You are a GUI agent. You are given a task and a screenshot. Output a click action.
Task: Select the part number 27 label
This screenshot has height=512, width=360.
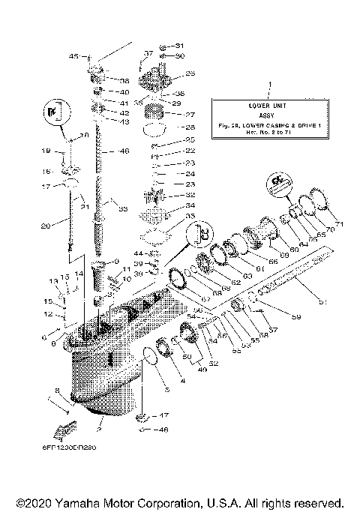(190, 115)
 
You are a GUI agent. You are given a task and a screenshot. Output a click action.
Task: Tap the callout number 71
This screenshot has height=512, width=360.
(338, 223)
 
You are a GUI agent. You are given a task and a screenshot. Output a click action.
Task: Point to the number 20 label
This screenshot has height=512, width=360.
(45, 224)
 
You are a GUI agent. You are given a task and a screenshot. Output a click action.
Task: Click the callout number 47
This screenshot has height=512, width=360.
(163, 415)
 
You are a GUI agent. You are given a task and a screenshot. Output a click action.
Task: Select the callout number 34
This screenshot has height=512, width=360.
(190, 205)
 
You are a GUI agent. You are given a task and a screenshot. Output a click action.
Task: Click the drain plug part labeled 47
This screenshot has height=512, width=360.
(141, 417)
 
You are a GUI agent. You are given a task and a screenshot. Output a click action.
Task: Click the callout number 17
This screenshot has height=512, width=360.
(46, 186)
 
